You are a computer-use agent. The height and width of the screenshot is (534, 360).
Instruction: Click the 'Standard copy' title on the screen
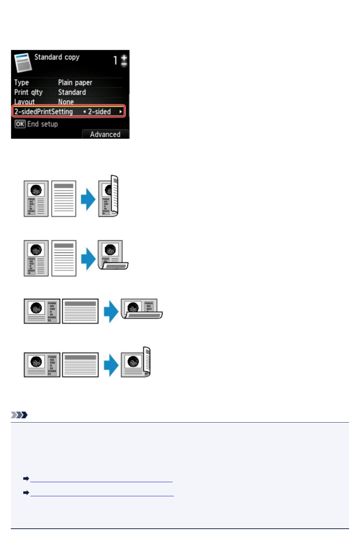[57, 57]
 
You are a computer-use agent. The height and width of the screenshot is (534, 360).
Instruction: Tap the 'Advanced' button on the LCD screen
[105, 134]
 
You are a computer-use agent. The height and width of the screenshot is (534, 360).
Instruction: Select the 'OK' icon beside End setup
[20, 124]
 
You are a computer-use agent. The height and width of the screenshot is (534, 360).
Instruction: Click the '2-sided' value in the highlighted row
[99, 112]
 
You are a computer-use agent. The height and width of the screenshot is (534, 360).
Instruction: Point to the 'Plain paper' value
[75, 83]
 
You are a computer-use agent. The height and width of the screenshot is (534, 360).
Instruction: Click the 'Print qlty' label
[28, 92]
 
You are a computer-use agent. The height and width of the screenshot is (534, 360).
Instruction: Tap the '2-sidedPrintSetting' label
[43, 112]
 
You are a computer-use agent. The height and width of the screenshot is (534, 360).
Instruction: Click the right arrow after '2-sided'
[121, 112]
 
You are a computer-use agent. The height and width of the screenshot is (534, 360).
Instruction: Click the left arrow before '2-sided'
[84, 112]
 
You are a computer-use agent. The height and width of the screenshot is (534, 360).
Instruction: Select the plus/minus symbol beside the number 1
[124, 60]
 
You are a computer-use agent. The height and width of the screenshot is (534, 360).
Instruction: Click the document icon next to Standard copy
[23, 62]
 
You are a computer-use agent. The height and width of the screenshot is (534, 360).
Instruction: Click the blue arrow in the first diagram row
[88, 199]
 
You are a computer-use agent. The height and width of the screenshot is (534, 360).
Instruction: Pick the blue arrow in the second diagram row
[88, 259]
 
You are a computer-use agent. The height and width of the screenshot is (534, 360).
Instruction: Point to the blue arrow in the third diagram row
[111, 311]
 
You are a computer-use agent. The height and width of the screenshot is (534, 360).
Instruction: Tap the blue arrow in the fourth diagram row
[111, 365]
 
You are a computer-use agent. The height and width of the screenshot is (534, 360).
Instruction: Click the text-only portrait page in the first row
[64, 199]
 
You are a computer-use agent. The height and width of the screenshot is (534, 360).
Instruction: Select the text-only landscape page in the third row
[80, 311]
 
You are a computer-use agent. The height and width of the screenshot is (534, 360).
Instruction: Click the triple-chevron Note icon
[19, 415]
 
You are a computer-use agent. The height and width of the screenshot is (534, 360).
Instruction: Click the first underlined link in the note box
[101, 479]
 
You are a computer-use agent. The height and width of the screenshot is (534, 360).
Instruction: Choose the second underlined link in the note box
[102, 493]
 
